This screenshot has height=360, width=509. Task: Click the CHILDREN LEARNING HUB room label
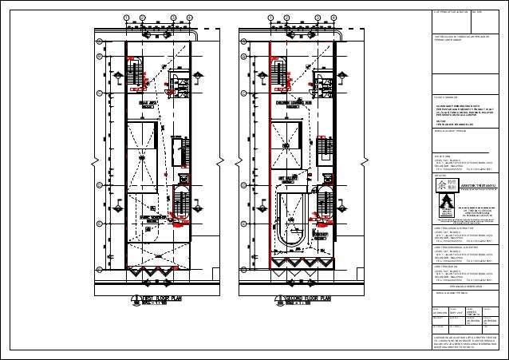[292, 104]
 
